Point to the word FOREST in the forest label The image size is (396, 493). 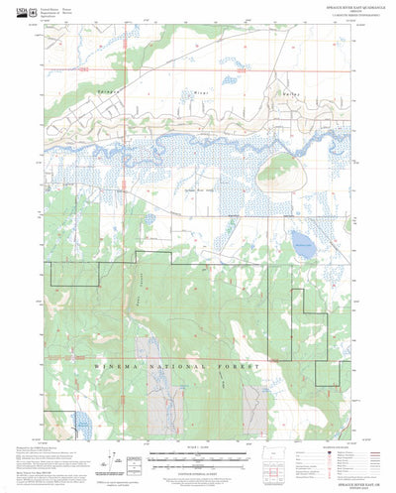click(244, 366)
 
